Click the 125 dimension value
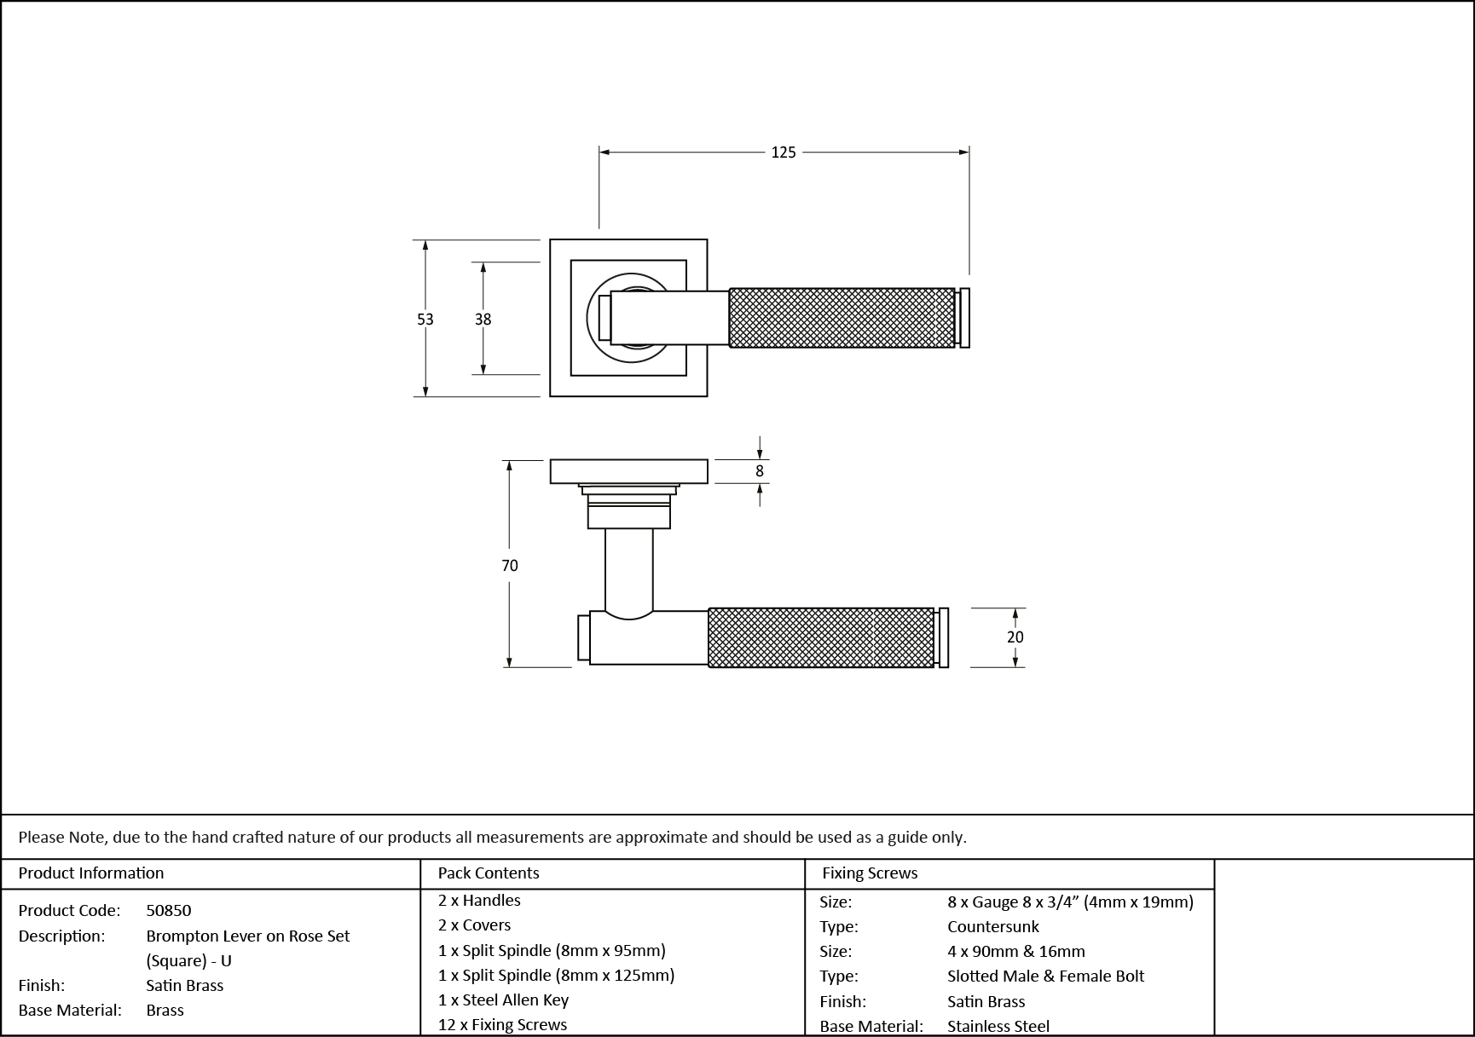pos(783,153)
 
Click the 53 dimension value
pos(425,320)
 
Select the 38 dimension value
pos(483,320)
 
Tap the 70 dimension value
pos(509,566)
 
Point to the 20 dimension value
pos(1015,637)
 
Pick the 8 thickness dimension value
pos(759,471)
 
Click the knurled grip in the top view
pos(842,318)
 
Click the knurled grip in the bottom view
pos(821,637)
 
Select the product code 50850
pos(168,910)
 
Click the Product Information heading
pos(91,873)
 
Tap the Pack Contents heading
pos(488,873)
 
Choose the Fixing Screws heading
pos(870,873)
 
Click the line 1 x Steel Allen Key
pos(503,1000)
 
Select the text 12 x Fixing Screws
pos(502,1025)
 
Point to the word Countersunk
pos(992,927)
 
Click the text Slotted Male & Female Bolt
pos(1045,977)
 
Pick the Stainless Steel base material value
pos(998,1027)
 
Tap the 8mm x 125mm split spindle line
pos(556,976)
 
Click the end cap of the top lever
pos(964,318)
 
